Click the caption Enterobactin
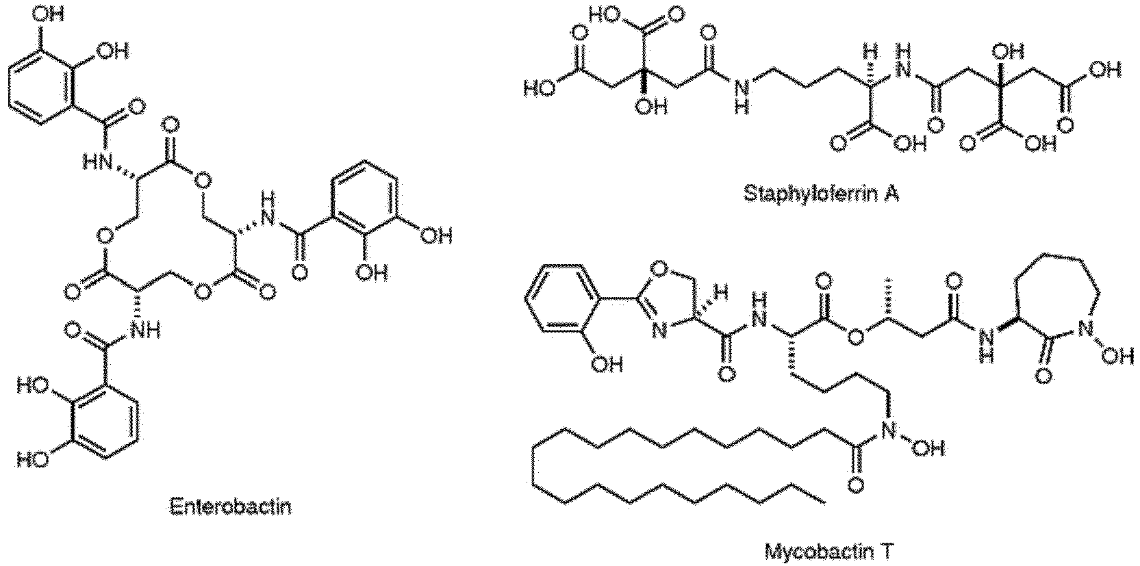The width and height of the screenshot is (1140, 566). (231, 507)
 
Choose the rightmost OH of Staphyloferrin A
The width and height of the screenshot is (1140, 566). (1106, 70)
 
